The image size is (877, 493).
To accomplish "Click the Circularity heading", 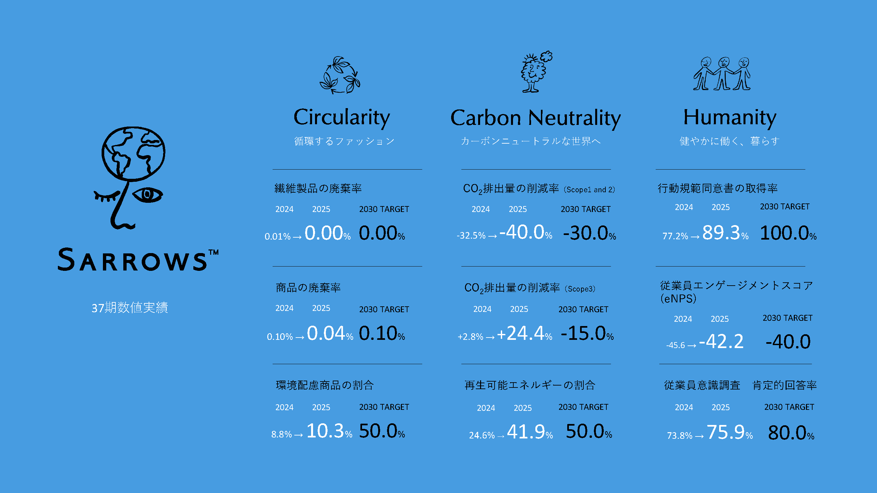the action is coord(341,118).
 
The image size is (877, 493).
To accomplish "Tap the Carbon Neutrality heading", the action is coord(536,118).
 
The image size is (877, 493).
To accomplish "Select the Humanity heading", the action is coord(730,118).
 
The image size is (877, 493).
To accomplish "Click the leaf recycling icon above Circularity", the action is coord(340,75).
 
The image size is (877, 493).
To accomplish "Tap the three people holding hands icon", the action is coord(722,74).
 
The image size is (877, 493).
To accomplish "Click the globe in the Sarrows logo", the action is coord(134,154).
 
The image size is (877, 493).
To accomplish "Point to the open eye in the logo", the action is coord(147,195).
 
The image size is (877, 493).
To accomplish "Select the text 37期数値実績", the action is coord(130,308).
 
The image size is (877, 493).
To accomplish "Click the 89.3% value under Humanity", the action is coord(725,233).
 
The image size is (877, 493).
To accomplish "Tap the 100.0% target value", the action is coord(788,233).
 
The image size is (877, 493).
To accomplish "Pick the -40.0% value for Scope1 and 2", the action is coord(526,232).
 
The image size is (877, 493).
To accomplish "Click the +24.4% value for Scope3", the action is coord(524,333).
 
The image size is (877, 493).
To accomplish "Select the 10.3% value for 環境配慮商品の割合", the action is coord(329,431).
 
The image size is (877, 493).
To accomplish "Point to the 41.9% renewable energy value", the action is coord(530,432).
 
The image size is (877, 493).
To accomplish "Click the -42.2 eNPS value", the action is coord(721,341).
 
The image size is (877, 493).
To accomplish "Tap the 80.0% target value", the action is coord(791,433).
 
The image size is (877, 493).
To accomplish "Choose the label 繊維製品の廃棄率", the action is coord(318,188).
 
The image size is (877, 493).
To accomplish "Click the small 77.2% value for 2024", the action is coord(675,236).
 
